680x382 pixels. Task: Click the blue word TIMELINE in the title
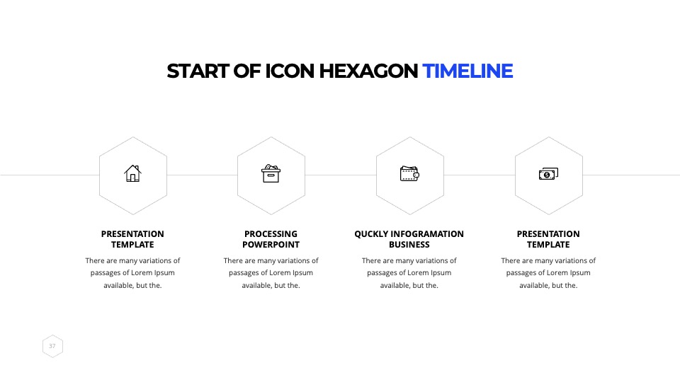pos(467,71)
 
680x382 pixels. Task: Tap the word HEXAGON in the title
pos(368,71)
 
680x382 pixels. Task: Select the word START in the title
pos(198,71)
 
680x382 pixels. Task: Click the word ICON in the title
pos(289,71)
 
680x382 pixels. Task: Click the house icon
pos(132,173)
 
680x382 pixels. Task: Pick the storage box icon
pos(271,174)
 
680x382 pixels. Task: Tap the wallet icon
pos(409,174)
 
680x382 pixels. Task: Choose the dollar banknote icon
pos(548,174)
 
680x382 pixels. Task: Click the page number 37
pos(52,346)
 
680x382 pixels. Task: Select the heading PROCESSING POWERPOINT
pos(271,239)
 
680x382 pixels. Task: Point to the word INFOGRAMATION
pos(427,234)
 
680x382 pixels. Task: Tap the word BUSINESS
pos(409,245)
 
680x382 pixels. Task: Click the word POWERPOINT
pos(271,245)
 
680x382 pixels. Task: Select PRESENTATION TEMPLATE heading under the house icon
pos(132,239)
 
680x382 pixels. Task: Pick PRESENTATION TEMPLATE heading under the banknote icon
pos(548,239)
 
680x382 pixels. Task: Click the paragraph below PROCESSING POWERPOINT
pos(271,273)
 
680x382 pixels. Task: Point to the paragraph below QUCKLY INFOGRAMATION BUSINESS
pos(409,273)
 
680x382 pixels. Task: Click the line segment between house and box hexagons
pos(202,175)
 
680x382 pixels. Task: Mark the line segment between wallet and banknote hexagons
pos(480,175)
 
